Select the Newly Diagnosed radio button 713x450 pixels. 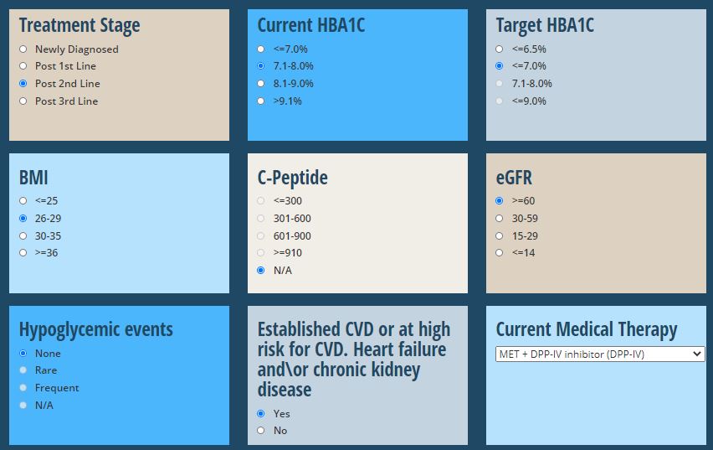23,49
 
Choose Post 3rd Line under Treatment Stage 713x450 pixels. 23,101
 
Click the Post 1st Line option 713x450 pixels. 23,66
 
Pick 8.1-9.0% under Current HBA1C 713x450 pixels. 260,83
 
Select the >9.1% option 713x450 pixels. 260,101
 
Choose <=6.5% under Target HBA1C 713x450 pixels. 500,49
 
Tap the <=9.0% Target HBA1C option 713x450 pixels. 500,101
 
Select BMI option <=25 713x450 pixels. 23,201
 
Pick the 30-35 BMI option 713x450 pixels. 23,236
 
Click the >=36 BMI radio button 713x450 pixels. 23,253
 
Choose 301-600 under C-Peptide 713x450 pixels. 260,219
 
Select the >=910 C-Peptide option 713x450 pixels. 260,253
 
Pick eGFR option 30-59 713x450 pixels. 500,219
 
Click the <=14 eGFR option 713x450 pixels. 500,253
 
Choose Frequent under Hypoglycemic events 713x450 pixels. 23,388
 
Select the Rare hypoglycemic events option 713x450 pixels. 23,370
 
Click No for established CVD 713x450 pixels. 260,431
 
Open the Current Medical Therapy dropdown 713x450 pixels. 600,354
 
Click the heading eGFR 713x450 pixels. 514,178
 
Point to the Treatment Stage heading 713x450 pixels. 80,25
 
